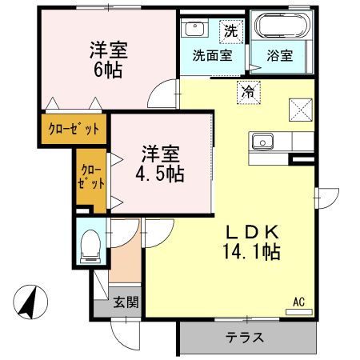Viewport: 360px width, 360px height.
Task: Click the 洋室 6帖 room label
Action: (x=109, y=58)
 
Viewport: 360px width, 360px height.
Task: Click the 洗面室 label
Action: (x=212, y=56)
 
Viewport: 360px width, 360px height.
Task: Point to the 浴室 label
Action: (x=279, y=56)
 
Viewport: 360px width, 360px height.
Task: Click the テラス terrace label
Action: (x=246, y=337)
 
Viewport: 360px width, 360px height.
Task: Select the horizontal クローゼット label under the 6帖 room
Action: (x=74, y=129)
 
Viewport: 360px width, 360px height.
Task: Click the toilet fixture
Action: (x=90, y=244)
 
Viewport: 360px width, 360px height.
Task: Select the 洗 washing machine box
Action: (x=230, y=32)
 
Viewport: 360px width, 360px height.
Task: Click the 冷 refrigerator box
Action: (x=247, y=92)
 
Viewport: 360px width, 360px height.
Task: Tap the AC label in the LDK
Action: (x=298, y=302)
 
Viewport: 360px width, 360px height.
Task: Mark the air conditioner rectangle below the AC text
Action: (x=298, y=312)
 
